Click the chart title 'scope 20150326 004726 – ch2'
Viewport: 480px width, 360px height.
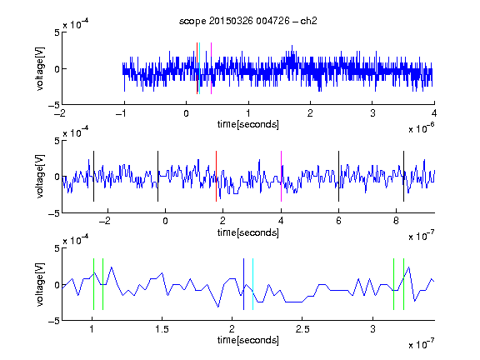click(x=248, y=21)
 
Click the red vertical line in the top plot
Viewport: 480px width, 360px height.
click(x=197, y=68)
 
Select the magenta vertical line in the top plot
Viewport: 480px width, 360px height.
click(x=211, y=68)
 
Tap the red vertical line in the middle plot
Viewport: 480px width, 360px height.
click(x=216, y=177)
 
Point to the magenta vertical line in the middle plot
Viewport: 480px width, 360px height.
click(x=282, y=177)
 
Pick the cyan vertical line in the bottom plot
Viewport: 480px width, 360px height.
click(x=252, y=284)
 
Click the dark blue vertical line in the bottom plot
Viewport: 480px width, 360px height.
click(x=243, y=284)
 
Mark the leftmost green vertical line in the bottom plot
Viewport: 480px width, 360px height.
click(x=93, y=284)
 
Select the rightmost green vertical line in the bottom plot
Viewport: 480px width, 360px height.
click(x=404, y=284)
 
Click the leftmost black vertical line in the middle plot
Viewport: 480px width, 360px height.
click(x=93, y=177)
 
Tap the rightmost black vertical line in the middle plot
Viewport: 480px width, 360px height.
click(x=404, y=177)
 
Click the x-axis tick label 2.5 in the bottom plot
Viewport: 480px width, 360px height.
click(x=302, y=329)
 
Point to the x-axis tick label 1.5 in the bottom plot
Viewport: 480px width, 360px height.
click(x=162, y=329)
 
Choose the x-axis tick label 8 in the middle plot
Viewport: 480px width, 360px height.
click(x=396, y=221)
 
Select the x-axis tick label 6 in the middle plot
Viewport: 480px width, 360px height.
click(x=338, y=221)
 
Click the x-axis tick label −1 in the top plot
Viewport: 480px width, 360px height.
click(x=121, y=113)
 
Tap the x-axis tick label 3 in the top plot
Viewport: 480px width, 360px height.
click(x=372, y=113)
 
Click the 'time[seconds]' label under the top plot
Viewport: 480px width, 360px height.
click(x=248, y=124)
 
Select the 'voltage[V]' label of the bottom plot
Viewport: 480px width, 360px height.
click(x=40, y=284)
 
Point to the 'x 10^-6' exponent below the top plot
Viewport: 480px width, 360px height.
click(x=422, y=128)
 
